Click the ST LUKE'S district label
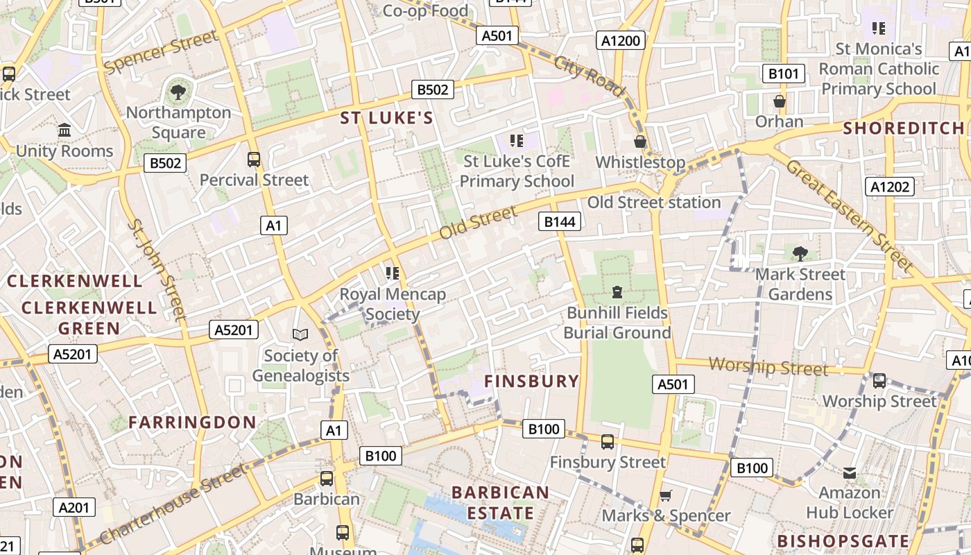[x=386, y=118]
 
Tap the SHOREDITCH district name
[x=904, y=128]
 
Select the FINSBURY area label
[x=531, y=381]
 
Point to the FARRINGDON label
[x=192, y=422]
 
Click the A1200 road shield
[x=620, y=41]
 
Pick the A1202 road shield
[x=890, y=186]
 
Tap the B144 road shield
[x=560, y=221]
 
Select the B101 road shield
[x=784, y=74]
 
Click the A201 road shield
[x=74, y=507]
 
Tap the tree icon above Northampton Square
[x=178, y=91]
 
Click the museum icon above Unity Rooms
[x=65, y=130]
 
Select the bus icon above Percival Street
[x=254, y=160]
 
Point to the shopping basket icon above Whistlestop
[x=640, y=142]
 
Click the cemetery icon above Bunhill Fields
[x=617, y=292]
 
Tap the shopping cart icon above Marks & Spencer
[x=666, y=495]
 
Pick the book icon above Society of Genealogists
[x=300, y=335]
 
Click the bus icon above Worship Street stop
[x=879, y=380]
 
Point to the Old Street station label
[x=654, y=203]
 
